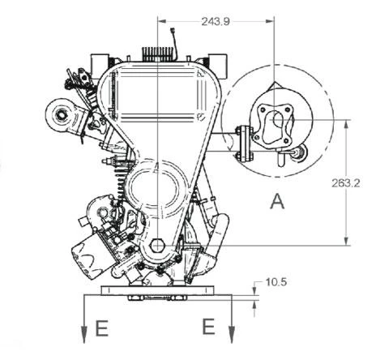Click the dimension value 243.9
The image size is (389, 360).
point(216,22)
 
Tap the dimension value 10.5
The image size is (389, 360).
point(276,282)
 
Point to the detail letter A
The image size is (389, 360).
point(277,201)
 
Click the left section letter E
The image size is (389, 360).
point(102,328)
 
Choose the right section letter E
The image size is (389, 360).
point(208,327)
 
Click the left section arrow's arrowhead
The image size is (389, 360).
point(84,335)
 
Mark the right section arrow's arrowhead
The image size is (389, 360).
point(232,335)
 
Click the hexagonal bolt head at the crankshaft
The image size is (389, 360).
point(157,246)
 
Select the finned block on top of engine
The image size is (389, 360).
point(158,54)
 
